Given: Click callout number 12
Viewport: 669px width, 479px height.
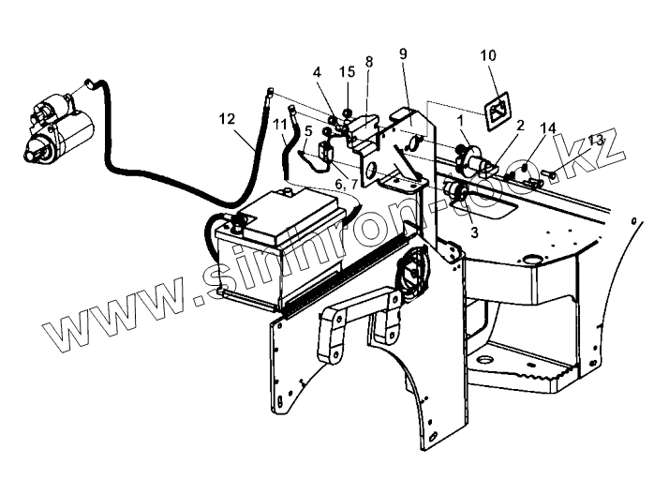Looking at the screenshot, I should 226,119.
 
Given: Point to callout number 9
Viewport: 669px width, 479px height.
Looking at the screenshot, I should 403,54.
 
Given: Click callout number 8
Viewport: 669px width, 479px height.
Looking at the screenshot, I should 368,62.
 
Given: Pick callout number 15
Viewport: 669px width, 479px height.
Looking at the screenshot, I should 348,71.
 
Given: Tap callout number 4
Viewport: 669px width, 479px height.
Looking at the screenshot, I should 318,71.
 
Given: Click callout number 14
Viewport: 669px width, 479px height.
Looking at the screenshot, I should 547,127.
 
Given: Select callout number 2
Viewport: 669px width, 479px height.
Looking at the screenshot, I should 519,124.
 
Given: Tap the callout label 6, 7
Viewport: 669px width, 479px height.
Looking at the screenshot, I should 345,185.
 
